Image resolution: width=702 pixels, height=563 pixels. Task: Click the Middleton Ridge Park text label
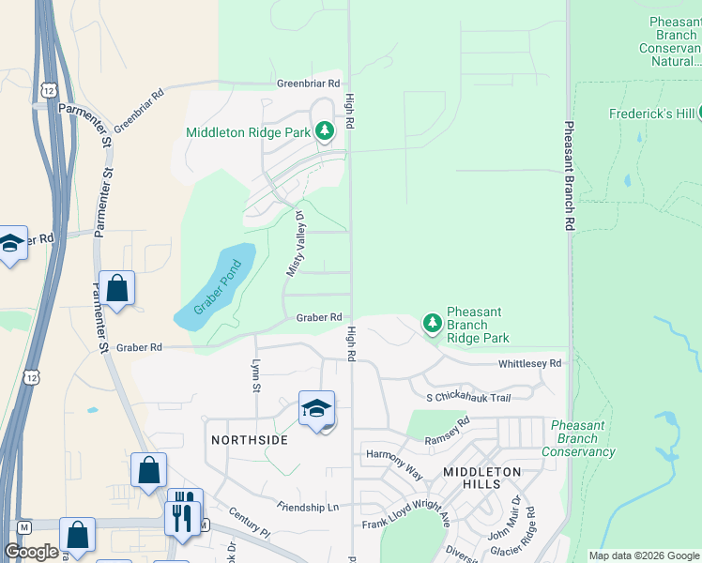click(248, 132)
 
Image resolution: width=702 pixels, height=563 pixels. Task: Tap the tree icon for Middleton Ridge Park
click(325, 131)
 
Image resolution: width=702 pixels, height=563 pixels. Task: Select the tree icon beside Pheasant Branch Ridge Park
click(432, 324)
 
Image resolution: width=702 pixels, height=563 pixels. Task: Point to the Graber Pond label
click(218, 287)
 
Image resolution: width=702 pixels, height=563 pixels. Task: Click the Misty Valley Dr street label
click(296, 243)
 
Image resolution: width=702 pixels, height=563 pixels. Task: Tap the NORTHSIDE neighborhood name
click(248, 439)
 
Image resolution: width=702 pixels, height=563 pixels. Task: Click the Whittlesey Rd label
click(529, 363)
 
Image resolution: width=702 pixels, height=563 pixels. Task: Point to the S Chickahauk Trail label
click(467, 398)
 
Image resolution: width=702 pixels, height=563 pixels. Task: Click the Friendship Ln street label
click(307, 507)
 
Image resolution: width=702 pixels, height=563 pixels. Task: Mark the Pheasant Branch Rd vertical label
click(569, 175)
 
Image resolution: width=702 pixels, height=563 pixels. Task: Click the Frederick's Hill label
click(650, 114)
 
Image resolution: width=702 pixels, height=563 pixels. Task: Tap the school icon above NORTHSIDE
click(317, 408)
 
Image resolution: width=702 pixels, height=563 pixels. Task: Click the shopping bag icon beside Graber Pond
click(117, 288)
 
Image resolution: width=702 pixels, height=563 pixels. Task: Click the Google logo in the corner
click(31, 552)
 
